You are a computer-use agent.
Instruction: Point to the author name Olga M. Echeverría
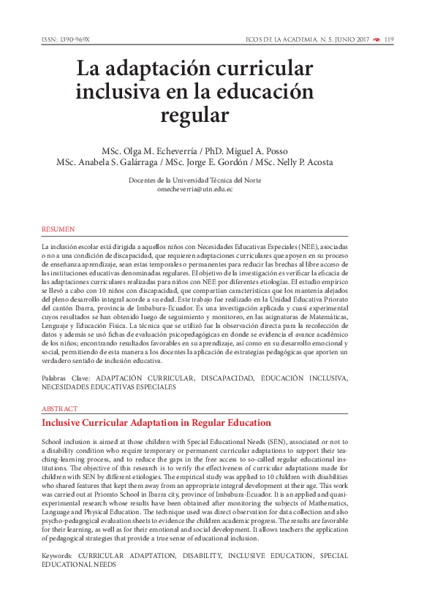(159, 150)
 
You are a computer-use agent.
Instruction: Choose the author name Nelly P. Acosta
(304, 162)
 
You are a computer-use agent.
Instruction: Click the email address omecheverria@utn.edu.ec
(194, 189)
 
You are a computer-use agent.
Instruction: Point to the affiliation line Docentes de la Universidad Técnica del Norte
(194, 180)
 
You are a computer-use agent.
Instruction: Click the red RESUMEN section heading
(58, 229)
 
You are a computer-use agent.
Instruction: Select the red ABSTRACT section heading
(59, 409)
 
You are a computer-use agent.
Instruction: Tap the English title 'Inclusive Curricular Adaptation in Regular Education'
(156, 423)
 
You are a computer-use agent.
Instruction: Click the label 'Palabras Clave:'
(67, 378)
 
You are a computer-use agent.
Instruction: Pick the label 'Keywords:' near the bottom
(58, 556)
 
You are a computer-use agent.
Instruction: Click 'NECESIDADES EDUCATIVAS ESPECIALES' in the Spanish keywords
(109, 388)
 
